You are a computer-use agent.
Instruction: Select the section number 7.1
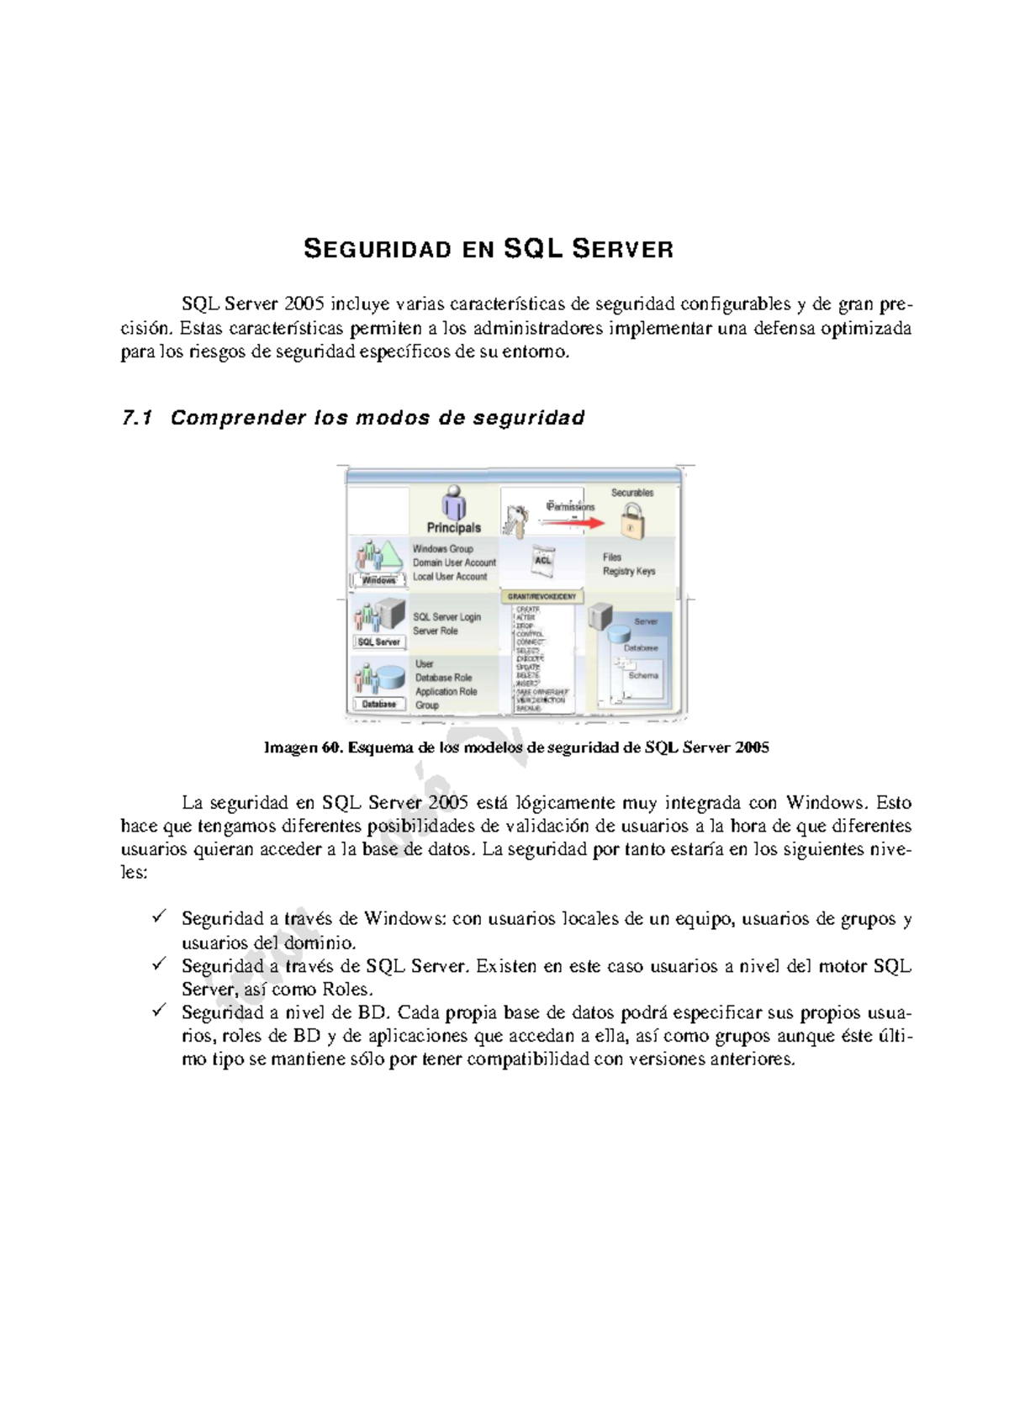(137, 418)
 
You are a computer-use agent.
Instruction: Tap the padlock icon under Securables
(632, 524)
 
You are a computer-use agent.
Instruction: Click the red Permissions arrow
(572, 523)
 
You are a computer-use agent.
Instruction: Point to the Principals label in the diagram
(454, 528)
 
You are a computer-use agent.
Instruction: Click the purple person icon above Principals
(455, 502)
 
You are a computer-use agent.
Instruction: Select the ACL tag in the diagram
(543, 560)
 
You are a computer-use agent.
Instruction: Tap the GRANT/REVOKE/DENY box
(541, 597)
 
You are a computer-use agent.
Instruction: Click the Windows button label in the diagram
(378, 580)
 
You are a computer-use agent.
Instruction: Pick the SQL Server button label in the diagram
(378, 642)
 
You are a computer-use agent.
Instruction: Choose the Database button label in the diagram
(378, 704)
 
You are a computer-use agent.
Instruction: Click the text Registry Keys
(629, 572)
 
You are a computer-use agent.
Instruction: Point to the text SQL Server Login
(446, 617)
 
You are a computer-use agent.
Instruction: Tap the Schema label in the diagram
(643, 676)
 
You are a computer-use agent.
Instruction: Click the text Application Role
(446, 692)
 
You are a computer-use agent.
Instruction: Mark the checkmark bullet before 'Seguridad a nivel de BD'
(159, 1011)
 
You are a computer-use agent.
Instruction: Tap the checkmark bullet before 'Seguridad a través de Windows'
(159, 917)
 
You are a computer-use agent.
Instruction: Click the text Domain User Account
(454, 563)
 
